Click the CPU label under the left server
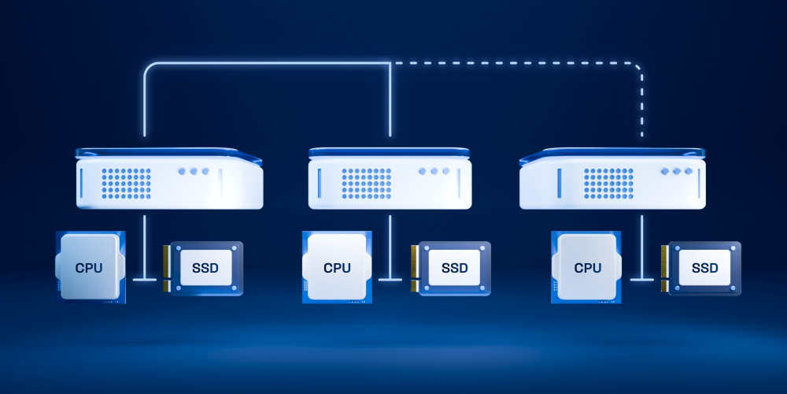[x=89, y=268]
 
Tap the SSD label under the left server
[x=205, y=268]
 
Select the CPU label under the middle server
[x=338, y=268]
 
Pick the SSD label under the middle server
[x=455, y=268]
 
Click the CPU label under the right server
[x=588, y=268]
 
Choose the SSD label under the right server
[x=704, y=268]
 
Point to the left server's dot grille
[x=126, y=184]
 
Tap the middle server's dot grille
[x=367, y=184]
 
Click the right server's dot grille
[x=608, y=184]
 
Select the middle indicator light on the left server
[x=194, y=171]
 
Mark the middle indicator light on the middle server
[x=434, y=171]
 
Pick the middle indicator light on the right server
[x=677, y=171]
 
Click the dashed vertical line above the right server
[x=642, y=107]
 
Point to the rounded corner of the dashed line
[x=638, y=67]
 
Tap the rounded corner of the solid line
[x=149, y=67]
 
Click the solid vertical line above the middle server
[x=390, y=99]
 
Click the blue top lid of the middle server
[x=390, y=152]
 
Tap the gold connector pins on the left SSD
[x=166, y=269]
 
